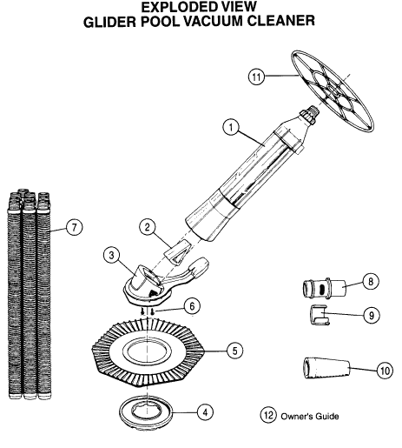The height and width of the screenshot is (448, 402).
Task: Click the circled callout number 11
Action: (256, 77)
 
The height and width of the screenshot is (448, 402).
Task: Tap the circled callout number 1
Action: (231, 127)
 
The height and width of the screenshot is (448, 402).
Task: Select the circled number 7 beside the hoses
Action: (75, 227)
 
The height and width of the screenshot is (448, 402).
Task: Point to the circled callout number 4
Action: (205, 412)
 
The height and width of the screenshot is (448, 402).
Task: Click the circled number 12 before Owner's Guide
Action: (268, 415)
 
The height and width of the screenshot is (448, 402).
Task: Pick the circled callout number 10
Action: (385, 371)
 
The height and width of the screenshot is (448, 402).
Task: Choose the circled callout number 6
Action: (192, 306)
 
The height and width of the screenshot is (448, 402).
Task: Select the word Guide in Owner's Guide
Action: (326, 417)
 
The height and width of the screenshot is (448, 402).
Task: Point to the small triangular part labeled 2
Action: (178, 251)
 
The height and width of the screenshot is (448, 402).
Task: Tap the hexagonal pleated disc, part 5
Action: (148, 352)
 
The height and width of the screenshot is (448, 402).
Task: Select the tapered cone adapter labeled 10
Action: (326, 368)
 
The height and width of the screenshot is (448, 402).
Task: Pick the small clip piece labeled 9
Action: (320, 315)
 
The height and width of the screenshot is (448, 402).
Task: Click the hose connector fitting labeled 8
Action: (324, 288)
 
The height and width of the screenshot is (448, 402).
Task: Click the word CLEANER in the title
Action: (282, 21)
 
